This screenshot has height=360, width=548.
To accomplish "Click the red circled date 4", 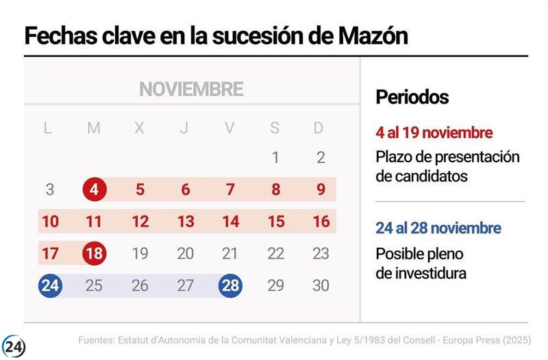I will (94, 190).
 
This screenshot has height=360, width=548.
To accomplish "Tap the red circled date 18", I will (94, 253).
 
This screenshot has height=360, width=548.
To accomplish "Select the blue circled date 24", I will (49, 285).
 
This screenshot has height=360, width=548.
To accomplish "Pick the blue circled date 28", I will (230, 285).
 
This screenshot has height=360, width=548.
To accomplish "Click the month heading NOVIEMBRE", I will (191, 89).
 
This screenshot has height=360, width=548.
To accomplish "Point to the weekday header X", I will (139, 127).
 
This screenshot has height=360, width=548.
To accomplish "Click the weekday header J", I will (184, 127).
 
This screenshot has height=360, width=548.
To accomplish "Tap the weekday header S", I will (275, 127).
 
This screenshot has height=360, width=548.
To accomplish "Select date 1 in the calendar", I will (275, 158).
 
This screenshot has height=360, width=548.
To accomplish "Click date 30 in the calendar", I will (321, 285).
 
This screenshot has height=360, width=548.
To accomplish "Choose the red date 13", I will (185, 222).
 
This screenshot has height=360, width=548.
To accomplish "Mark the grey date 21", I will (230, 253).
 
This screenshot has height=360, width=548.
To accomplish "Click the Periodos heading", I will (412, 97).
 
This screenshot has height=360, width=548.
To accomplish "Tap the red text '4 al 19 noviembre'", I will (434, 132).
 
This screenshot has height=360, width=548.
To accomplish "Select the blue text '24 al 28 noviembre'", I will (438, 228).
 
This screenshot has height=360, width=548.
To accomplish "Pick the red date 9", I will (321, 190).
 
